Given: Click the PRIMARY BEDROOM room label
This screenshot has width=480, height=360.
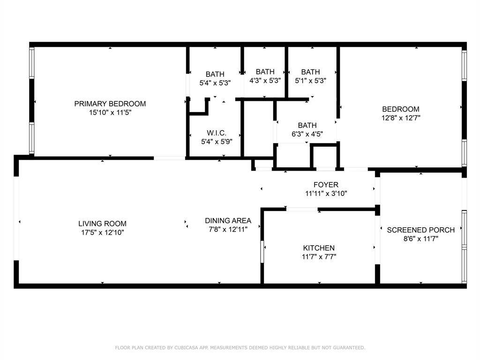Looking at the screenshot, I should [x=110, y=104].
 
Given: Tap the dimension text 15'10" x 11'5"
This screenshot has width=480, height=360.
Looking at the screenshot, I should [x=110, y=112].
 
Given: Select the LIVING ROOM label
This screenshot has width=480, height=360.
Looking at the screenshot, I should [x=102, y=224].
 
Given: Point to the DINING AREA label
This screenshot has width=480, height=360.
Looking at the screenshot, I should [x=228, y=220].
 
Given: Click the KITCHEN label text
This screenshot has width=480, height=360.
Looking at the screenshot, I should [x=319, y=248].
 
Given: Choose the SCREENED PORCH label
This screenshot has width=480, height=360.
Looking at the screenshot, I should [x=420, y=230].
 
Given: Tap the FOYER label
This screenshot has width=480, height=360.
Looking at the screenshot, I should [x=326, y=185].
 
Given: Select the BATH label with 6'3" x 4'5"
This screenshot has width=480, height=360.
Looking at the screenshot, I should [x=307, y=125].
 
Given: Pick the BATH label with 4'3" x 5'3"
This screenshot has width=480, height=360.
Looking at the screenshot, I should [x=265, y=72].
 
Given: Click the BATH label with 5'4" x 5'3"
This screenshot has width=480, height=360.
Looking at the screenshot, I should [x=215, y=74].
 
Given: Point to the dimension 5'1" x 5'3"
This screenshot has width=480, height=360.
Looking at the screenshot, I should [x=310, y=80].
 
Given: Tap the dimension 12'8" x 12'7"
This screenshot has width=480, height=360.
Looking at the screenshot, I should [x=400, y=118].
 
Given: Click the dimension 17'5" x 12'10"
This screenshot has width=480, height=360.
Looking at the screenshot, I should [x=102, y=232].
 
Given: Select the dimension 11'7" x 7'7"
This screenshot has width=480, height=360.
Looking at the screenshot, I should [x=319, y=256].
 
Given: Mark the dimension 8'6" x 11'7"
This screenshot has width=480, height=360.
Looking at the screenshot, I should [x=420, y=238].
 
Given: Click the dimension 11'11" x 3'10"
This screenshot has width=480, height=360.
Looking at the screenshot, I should [x=326, y=193].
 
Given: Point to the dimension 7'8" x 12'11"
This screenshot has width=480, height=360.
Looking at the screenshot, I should [x=228, y=229].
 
